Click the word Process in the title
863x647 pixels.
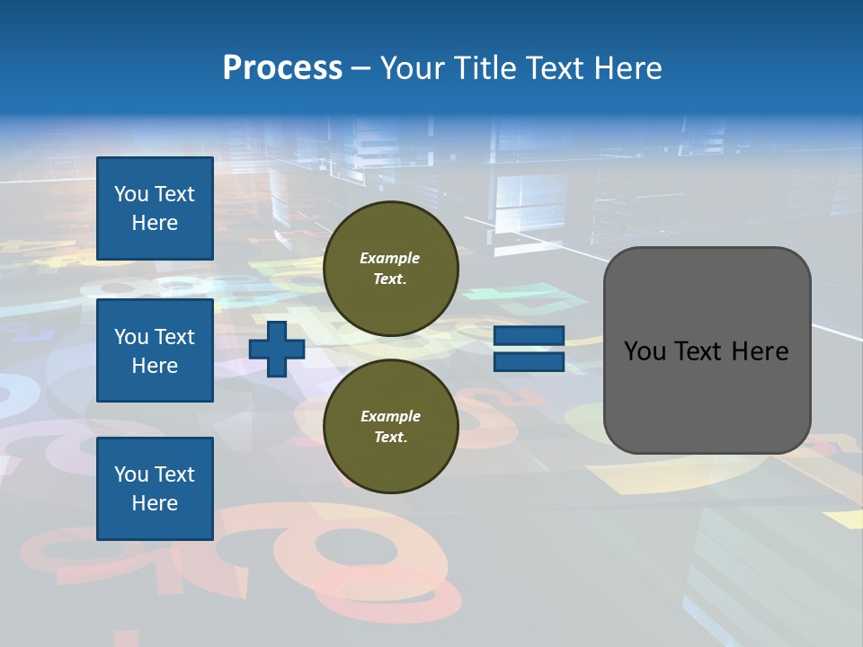282,68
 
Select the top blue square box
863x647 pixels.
155,208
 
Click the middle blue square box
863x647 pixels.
155,350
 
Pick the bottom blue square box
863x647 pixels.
155,489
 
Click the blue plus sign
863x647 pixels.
277,349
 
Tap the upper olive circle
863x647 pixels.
390,269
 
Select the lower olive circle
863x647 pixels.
390,427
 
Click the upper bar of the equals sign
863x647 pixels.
529,336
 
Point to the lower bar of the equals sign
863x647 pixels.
529,361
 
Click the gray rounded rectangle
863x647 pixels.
707,350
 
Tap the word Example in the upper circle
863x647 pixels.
390,258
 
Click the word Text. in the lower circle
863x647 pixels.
390,438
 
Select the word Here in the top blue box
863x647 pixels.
155,223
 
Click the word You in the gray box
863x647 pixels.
645,351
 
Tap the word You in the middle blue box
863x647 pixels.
131,337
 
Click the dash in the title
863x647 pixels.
360,68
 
